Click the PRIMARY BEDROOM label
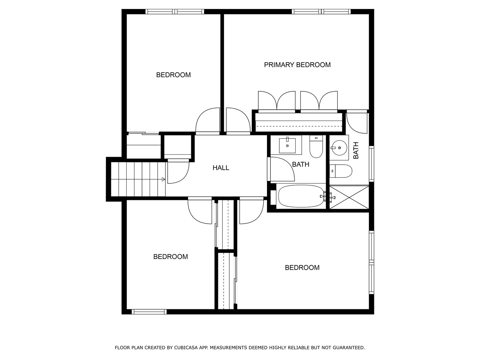(x=297, y=65)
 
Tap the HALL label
(x=221, y=168)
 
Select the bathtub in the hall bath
(x=300, y=196)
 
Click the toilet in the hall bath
(x=316, y=147)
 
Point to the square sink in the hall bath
(x=287, y=145)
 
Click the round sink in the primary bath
(x=339, y=147)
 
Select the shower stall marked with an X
(x=349, y=198)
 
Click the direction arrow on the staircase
(x=163, y=179)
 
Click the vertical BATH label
(x=356, y=150)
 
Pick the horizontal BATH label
(x=300, y=164)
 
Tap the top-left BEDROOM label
(x=173, y=75)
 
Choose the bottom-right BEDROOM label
(x=302, y=268)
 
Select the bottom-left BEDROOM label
(x=170, y=257)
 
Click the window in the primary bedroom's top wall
(x=321, y=12)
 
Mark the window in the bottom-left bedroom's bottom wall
(x=149, y=312)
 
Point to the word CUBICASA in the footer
(x=186, y=348)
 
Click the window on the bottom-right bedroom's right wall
(x=371, y=262)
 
